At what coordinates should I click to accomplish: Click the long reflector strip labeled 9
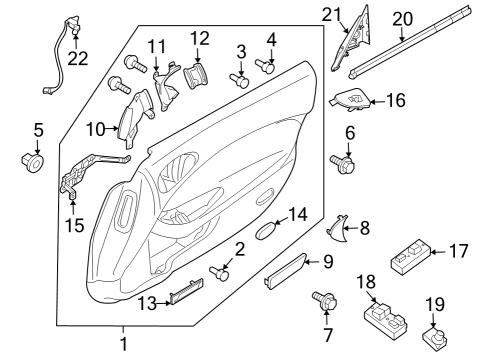click(x=289, y=270)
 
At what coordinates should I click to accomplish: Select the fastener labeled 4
click(x=266, y=67)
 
